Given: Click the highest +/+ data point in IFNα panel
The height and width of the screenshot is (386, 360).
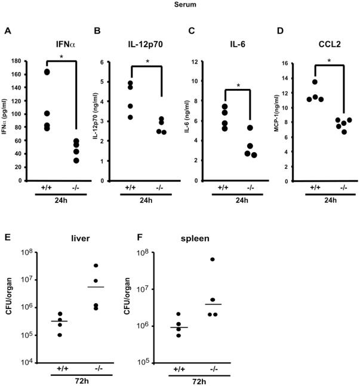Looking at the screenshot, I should (47, 72).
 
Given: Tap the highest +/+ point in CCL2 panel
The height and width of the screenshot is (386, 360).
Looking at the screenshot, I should (315, 82).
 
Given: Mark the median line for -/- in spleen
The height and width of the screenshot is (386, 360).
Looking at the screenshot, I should (213, 304).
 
